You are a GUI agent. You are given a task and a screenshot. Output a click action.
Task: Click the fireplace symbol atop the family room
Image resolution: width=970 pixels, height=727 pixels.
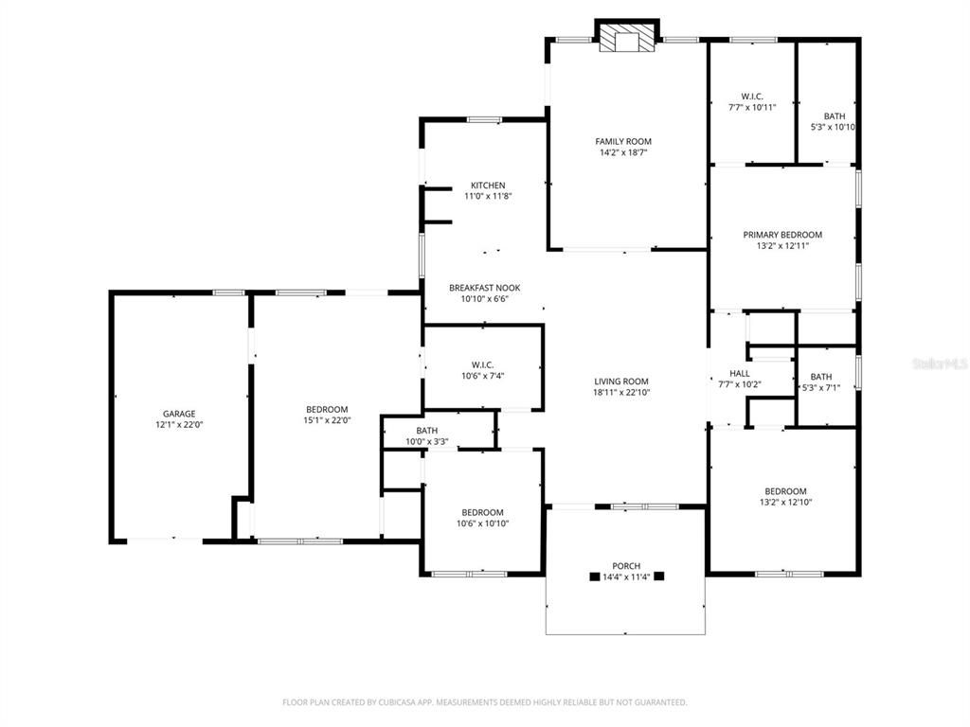click(626, 37)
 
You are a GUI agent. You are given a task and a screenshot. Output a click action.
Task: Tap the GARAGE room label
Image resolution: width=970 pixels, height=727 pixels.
click(178, 414)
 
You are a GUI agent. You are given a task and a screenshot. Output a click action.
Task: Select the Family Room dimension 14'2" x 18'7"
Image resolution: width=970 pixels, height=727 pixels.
click(622, 153)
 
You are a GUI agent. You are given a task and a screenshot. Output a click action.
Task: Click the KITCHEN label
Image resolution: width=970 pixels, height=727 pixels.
click(488, 186)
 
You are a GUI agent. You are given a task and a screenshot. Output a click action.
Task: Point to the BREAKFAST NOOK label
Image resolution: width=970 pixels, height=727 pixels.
click(484, 288)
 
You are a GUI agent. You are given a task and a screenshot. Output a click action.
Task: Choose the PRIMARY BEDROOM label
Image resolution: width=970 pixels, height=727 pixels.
click(781, 235)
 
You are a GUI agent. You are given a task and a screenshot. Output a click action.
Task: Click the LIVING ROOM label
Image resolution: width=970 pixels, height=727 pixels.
click(620, 381)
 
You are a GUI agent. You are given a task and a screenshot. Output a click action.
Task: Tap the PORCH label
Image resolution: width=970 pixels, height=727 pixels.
click(625, 566)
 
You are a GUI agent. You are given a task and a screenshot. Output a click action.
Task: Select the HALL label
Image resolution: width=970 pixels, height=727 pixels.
click(739, 374)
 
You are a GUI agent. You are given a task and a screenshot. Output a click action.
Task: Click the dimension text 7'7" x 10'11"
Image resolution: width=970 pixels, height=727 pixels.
click(751, 108)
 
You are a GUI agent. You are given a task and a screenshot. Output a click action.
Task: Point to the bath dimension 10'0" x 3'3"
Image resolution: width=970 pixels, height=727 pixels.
click(426, 442)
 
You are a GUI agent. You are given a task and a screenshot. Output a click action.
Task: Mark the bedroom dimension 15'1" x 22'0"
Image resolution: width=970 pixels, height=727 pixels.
click(327, 420)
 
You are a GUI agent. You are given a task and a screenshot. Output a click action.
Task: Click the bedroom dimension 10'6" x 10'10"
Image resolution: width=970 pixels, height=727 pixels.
click(483, 523)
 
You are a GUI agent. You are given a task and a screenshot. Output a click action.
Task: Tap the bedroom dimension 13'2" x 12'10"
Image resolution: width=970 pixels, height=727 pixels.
click(785, 503)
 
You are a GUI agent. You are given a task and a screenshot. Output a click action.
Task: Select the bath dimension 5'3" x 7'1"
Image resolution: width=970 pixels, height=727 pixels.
click(820, 387)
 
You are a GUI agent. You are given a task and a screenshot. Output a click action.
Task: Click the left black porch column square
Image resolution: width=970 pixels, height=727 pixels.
click(594, 576)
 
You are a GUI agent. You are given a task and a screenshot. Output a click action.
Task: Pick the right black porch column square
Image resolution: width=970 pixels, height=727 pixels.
click(659, 576)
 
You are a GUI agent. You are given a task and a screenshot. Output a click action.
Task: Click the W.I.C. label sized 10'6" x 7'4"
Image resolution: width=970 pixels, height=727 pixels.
click(482, 365)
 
